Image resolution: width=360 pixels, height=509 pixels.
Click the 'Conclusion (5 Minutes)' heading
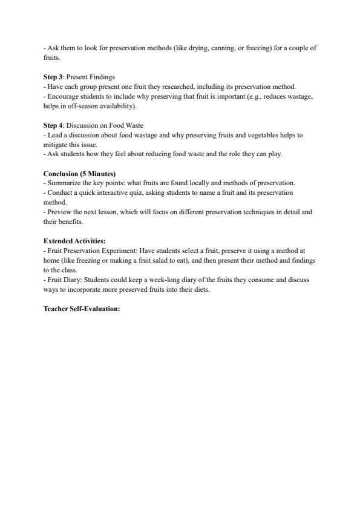[x=79, y=174]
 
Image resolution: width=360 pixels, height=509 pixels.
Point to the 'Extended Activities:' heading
[x=74, y=240]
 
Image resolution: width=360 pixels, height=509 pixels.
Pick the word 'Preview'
[x=58, y=212]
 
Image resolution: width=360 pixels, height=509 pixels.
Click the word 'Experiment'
[x=120, y=250]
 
